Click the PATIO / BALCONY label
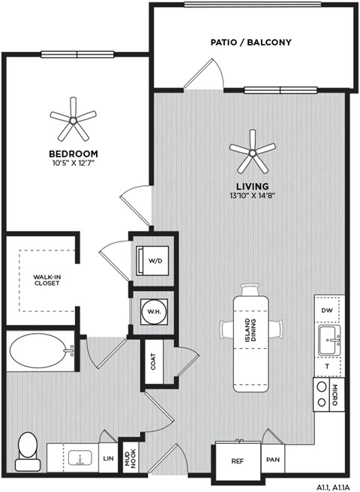click(250, 43)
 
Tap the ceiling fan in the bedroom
click(73, 118)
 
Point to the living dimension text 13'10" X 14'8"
click(252, 194)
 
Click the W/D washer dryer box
click(154, 261)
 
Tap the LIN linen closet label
click(107, 457)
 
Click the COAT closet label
click(154, 361)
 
